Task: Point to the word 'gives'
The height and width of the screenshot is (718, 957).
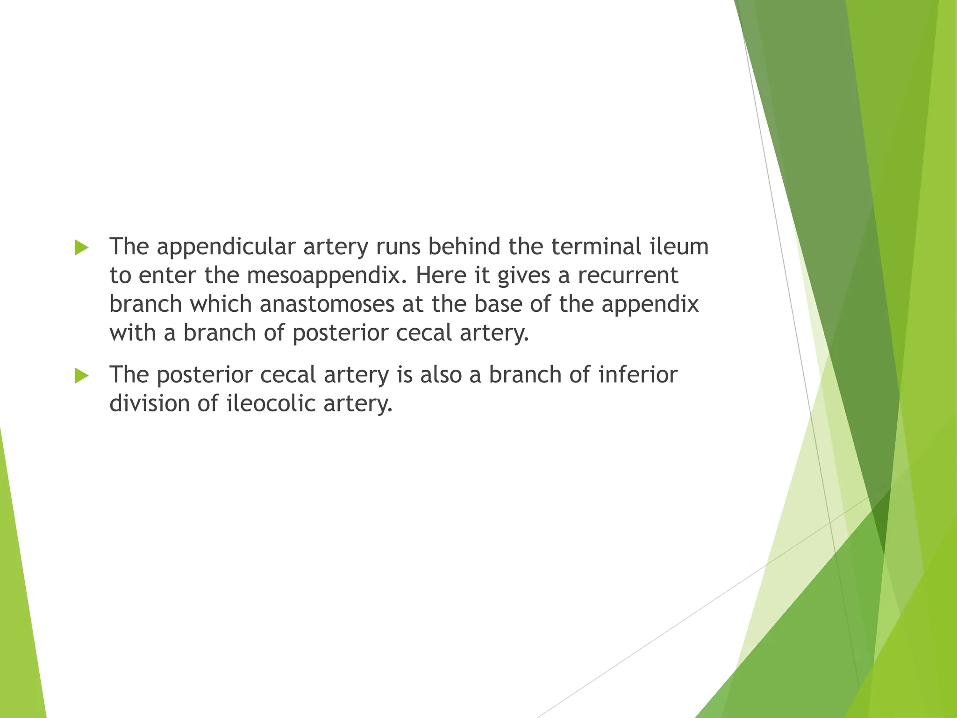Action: pyautogui.click(x=523, y=276)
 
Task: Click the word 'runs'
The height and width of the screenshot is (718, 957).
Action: pyautogui.click(x=398, y=247)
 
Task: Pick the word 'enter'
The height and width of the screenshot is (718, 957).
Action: pyautogui.click(x=167, y=276)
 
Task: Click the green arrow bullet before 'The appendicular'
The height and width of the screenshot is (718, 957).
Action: pyautogui.click(x=81, y=247)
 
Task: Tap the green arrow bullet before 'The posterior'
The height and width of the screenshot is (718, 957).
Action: pyautogui.click(x=81, y=375)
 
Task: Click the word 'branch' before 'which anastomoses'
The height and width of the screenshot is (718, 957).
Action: pyautogui.click(x=146, y=304)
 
